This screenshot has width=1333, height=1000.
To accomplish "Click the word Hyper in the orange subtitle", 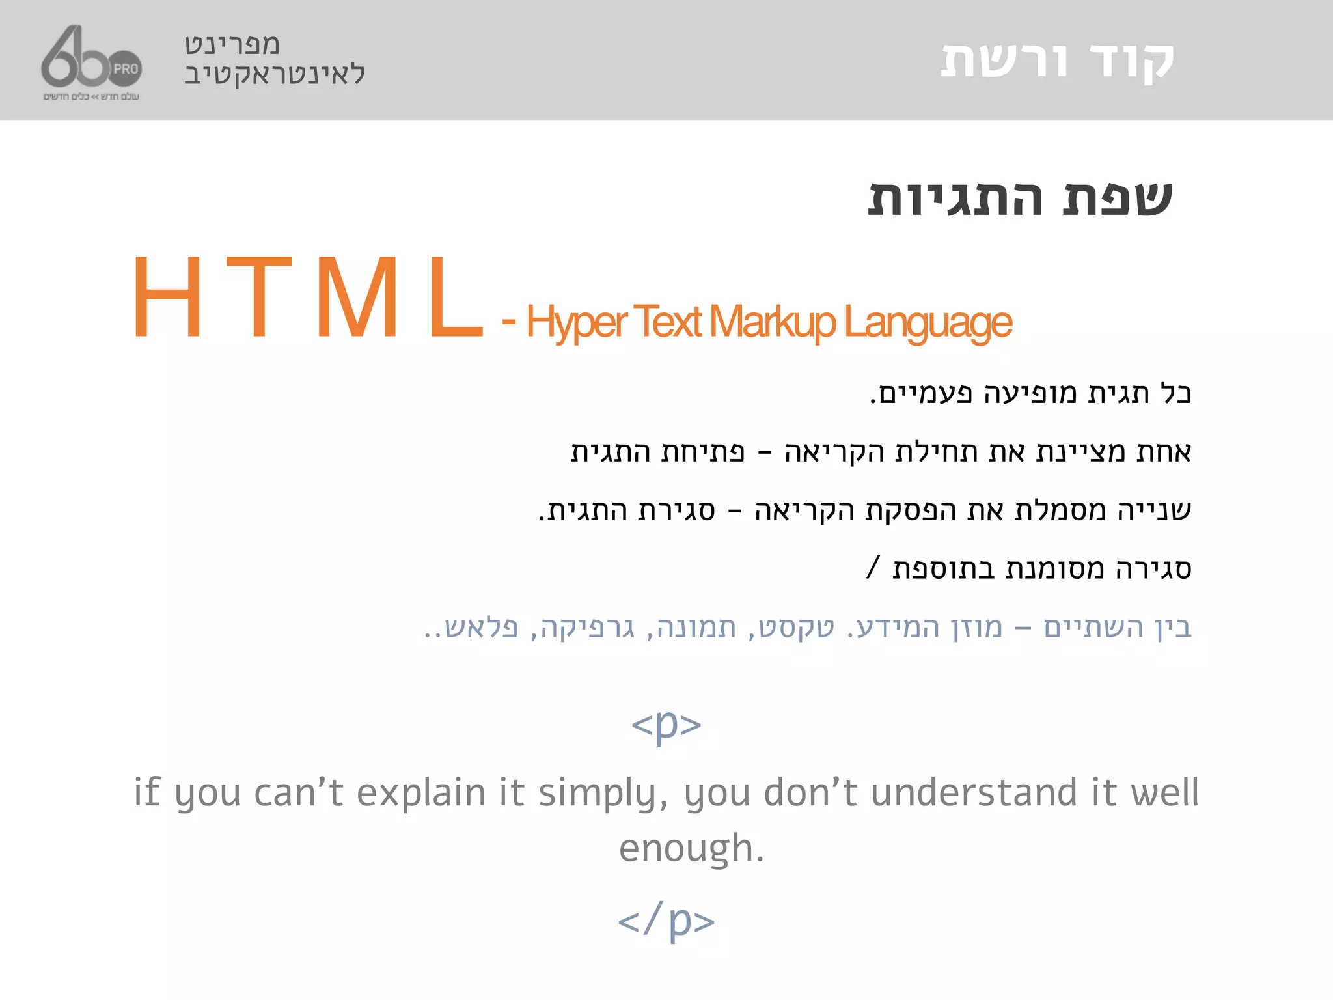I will (577, 322).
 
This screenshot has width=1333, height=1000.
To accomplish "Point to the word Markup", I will (772, 322).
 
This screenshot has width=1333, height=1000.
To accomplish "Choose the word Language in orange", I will (928, 322).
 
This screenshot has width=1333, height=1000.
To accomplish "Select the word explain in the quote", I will (421, 793).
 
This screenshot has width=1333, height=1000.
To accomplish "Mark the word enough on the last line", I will (691, 849).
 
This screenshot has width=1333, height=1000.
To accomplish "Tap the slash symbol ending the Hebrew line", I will (873, 566).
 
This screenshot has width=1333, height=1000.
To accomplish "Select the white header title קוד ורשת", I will (1057, 61).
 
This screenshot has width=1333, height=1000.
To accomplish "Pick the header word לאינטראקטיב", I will (275, 74).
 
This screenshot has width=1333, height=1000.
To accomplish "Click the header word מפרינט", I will (232, 44).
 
